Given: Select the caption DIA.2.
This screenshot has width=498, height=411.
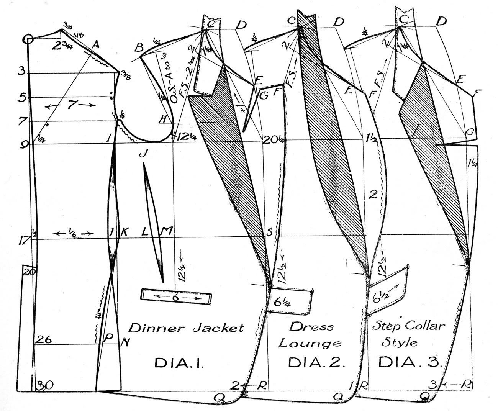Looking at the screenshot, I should [x=317, y=362].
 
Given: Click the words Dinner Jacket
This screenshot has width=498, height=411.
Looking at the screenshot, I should [x=186, y=328].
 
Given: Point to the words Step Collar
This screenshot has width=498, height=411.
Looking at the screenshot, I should [x=409, y=327].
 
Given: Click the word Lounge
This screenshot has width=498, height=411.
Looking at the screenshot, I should [x=310, y=343].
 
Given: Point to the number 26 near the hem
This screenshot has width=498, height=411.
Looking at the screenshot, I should [x=43, y=339].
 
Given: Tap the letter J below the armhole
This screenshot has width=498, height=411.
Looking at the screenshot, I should [x=143, y=154].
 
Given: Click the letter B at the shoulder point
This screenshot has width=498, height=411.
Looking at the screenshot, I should [x=139, y=48].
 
